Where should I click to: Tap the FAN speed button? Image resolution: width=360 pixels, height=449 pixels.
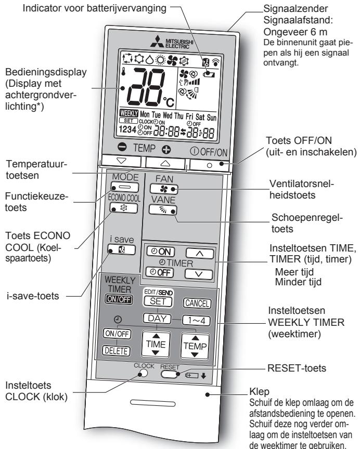point(164,189)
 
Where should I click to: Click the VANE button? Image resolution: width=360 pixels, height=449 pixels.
point(163,210)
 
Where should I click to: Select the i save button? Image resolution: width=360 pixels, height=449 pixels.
point(122,249)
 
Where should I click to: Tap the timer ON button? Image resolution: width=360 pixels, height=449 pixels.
point(161,252)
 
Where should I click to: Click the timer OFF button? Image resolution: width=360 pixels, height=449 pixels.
point(160,272)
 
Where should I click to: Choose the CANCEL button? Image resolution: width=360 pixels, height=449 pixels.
point(197,303)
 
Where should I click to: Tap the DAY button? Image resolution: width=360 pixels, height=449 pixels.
point(157,319)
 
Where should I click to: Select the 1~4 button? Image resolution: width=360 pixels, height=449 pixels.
point(196,321)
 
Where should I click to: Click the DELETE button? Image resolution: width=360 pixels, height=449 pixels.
point(116,350)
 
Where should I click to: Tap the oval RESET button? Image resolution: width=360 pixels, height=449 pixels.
point(169,374)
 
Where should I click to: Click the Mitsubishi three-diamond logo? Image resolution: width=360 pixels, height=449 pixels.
point(157,42)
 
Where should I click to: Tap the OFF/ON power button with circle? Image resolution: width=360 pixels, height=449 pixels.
point(210,165)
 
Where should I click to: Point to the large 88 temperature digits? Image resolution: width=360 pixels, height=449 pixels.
point(146,87)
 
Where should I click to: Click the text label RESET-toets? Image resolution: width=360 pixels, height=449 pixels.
point(297,368)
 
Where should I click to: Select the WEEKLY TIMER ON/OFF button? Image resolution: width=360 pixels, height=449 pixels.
point(119,299)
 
